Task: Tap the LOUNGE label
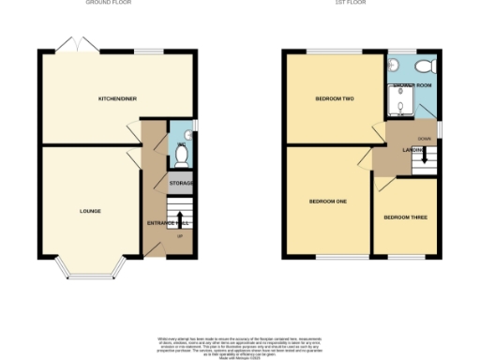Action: [x=90, y=211]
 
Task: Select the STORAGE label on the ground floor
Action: [x=181, y=183]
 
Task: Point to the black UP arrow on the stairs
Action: [x=180, y=220]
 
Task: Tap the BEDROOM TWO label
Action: [x=333, y=98]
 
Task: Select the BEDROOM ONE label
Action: [x=328, y=201]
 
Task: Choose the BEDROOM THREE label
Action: [x=405, y=217]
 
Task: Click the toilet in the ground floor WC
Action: [x=182, y=150]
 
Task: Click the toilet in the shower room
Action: [x=425, y=66]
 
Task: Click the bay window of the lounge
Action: [x=90, y=270]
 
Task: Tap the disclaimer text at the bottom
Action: [x=240, y=344]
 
